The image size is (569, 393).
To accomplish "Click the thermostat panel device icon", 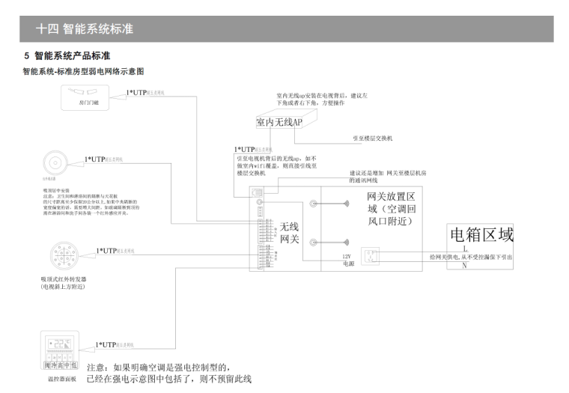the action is pyautogui.click(x=62, y=347).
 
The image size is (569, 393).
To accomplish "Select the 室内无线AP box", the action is pyautogui.click(x=279, y=122).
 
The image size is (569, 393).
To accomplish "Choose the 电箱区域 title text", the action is pyautogui.click(x=481, y=235).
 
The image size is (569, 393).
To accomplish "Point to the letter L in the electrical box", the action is pyautogui.click(x=465, y=248).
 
